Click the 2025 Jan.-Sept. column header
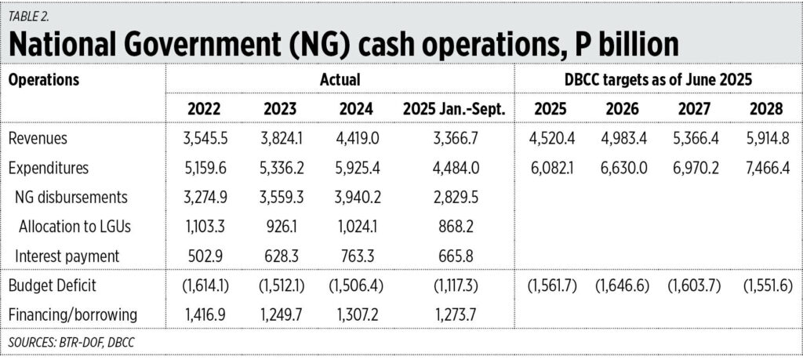453,109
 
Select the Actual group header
340,79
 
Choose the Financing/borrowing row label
72,315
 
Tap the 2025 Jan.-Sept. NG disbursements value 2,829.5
453,196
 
